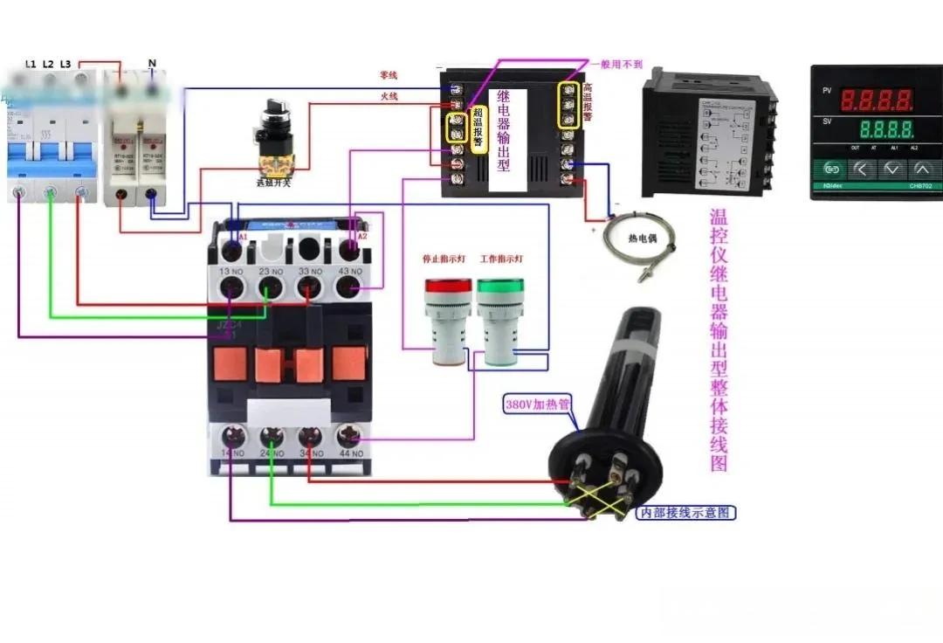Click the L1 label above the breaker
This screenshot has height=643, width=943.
pyautogui.click(x=31, y=65)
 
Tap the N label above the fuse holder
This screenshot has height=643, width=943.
pyautogui.click(x=152, y=63)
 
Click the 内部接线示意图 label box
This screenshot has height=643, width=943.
pyautogui.click(x=685, y=513)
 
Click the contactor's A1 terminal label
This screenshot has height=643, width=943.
pyautogui.click(x=243, y=237)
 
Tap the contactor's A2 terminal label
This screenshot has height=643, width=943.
pyautogui.click(x=362, y=237)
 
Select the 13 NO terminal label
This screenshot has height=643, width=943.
pyautogui.click(x=231, y=272)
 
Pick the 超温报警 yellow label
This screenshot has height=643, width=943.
pyautogui.click(x=478, y=129)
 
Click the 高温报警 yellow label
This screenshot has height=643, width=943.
pyautogui.click(x=589, y=101)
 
